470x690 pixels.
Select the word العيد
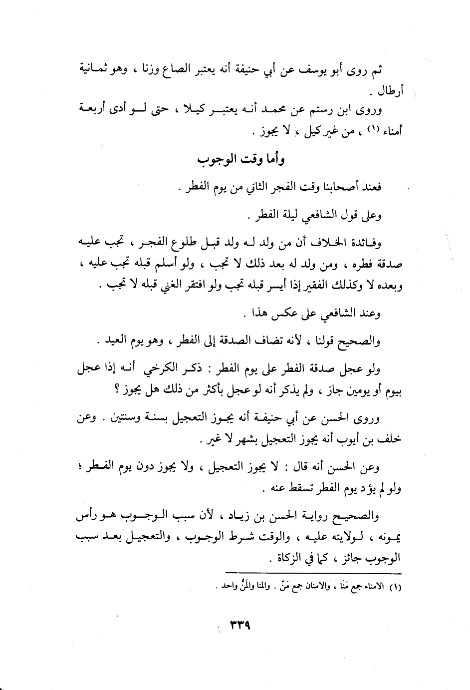click(x=120, y=342)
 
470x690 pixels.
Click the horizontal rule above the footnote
click(x=314, y=573)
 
